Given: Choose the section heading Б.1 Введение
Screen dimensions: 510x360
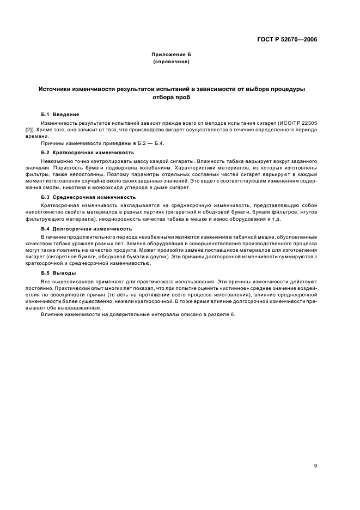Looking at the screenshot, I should pyautogui.click(x=60, y=114).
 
